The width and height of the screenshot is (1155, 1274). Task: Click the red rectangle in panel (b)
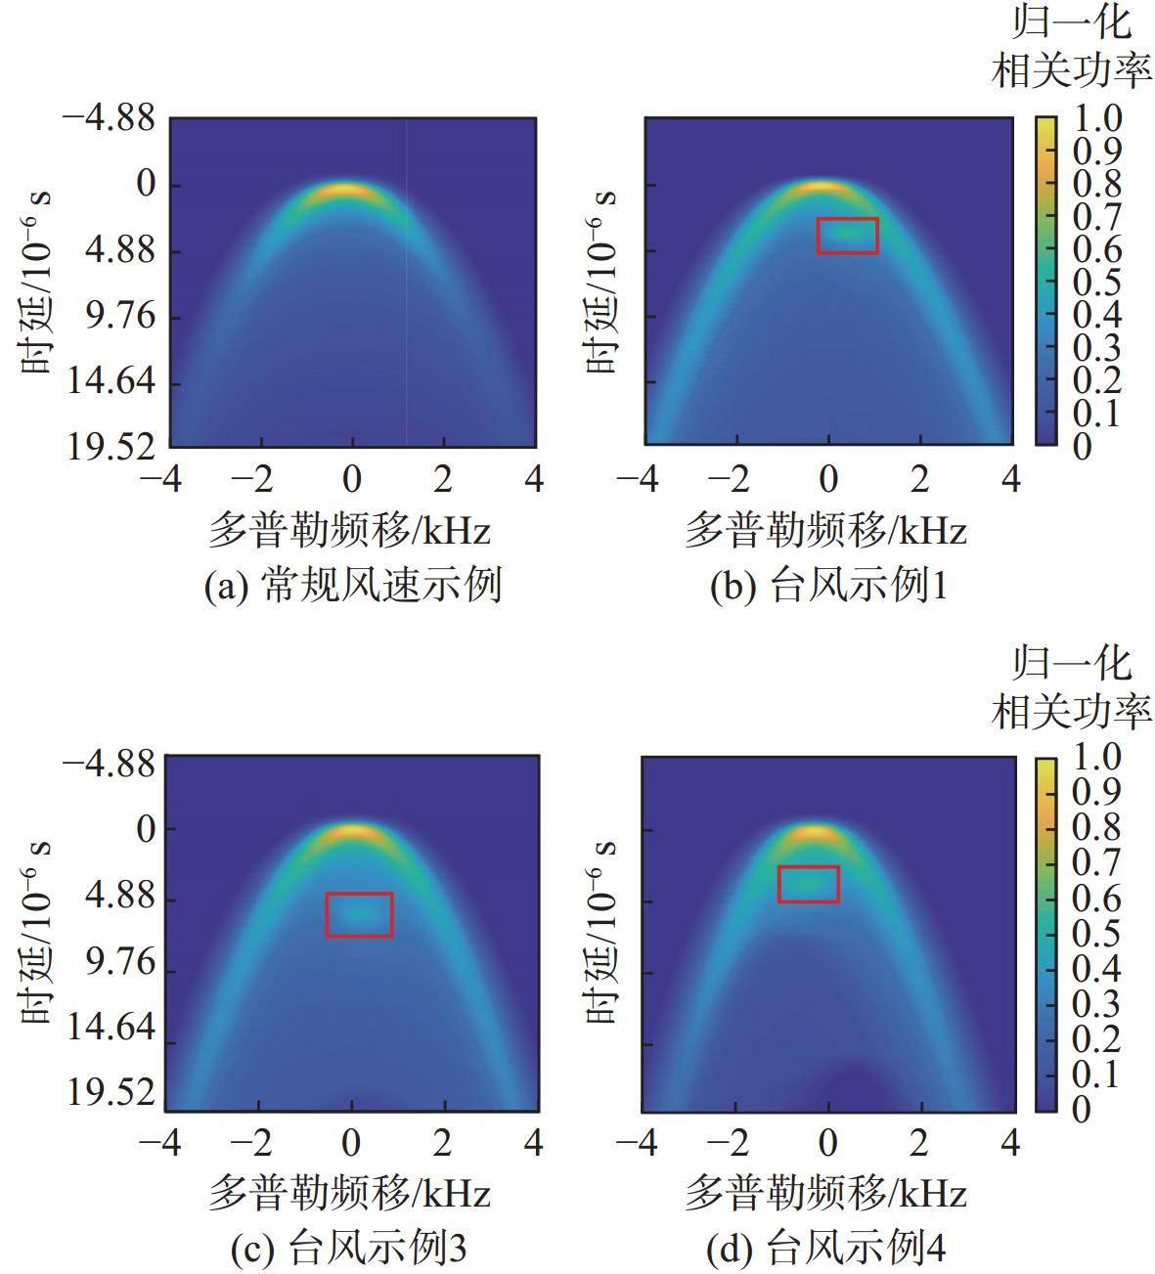click(x=847, y=236)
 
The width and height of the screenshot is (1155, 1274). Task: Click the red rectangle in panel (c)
click(x=359, y=914)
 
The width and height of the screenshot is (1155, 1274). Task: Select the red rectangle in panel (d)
click(x=808, y=883)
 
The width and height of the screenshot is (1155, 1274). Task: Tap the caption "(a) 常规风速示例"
click(x=353, y=586)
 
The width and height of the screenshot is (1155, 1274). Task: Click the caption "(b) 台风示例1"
click(x=828, y=586)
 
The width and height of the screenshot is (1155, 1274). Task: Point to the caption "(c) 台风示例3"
click(x=348, y=1248)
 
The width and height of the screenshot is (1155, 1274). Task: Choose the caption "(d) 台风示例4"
click(x=825, y=1248)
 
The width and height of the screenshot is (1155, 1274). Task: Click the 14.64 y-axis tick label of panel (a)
click(x=111, y=382)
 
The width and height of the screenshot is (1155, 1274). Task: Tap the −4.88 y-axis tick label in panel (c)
click(x=109, y=763)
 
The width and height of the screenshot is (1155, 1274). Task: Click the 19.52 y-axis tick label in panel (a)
click(x=111, y=448)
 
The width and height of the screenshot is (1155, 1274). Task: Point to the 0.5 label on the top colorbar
click(x=1096, y=283)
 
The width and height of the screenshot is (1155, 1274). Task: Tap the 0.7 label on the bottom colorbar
click(x=1094, y=863)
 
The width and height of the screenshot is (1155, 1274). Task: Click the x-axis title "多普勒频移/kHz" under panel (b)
click(x=825, y=531)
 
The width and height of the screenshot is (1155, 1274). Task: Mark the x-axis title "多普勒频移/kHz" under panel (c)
click(x=349, y=1193)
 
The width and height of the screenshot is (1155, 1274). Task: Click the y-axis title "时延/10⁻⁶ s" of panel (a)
click(x=36, y=283)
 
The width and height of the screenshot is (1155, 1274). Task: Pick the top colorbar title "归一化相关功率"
click(x=1072, y=49)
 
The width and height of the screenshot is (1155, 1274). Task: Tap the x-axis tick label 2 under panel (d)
click(x=919, y=1142)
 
